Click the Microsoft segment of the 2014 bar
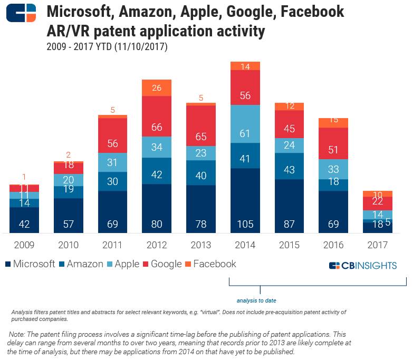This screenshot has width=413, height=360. (245, 200)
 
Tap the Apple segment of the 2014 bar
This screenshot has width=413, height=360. (245, 124)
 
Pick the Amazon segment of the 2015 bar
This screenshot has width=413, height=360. (290, 166)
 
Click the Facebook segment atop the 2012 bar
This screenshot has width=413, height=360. (157, 87)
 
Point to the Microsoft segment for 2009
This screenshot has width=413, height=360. (24, 220)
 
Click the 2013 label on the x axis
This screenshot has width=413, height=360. (200, 245)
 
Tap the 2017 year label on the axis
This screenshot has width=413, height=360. (377, 245)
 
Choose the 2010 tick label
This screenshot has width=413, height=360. (68, 245)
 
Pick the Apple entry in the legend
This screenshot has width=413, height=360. (127, 264)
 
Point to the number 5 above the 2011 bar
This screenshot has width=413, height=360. (112, 110)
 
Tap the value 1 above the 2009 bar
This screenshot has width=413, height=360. (24, 178)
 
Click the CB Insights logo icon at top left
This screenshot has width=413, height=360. (22, 13)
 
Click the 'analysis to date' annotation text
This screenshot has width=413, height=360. (256, 300)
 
